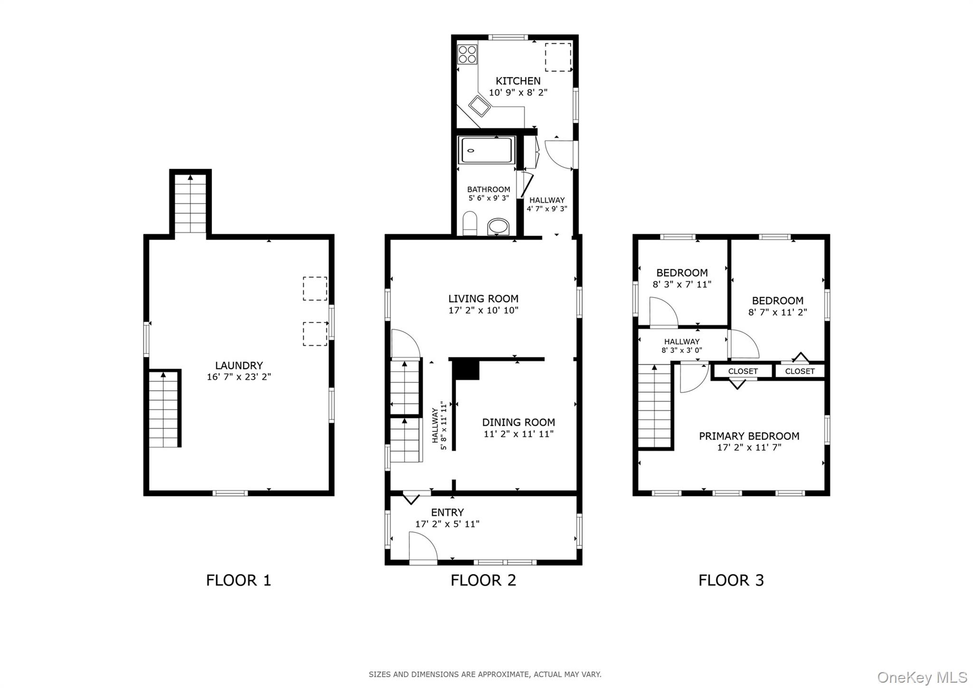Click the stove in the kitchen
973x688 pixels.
pos(467,54)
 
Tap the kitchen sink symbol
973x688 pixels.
pos(479,106)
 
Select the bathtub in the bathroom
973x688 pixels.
pos(486,150)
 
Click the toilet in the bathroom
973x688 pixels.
pos(470,223)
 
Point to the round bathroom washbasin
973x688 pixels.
pos(498,226)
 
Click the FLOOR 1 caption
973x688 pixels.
pos(238,580)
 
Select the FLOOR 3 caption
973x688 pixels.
pos(731,580)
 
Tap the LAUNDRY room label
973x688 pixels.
pos(239,365)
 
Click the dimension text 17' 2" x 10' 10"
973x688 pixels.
pos(483,310)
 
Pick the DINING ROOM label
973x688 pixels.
pos(518,422)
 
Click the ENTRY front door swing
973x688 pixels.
pos(422,548)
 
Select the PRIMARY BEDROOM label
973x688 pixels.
pos(749,436)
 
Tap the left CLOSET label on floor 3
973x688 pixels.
pos(743,371)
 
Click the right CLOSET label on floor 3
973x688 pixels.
pos(800,371)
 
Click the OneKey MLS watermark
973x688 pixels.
pos(922,677)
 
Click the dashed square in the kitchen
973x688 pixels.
pos(558,57)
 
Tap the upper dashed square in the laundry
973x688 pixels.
pos(315,288)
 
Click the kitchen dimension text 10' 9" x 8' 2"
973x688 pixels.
pos(518,93)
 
